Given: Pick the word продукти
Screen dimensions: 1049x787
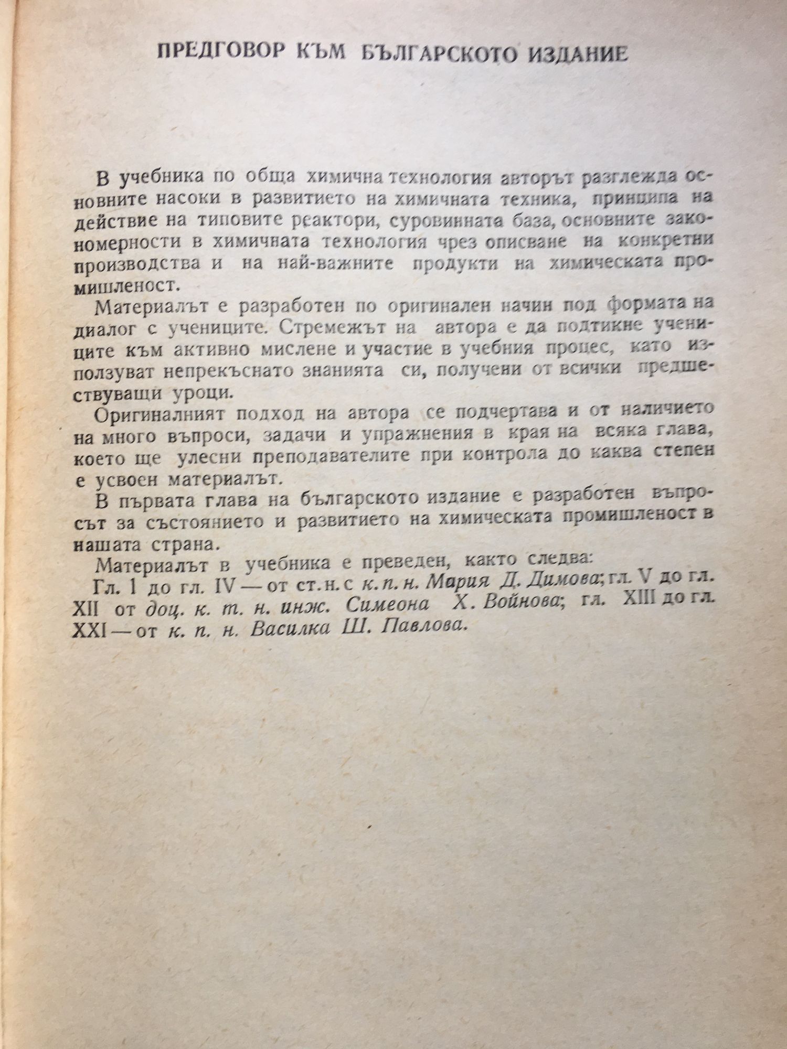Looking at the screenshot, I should (x=455, y=265).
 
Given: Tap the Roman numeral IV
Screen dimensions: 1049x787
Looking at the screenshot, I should (x=227, y=585).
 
